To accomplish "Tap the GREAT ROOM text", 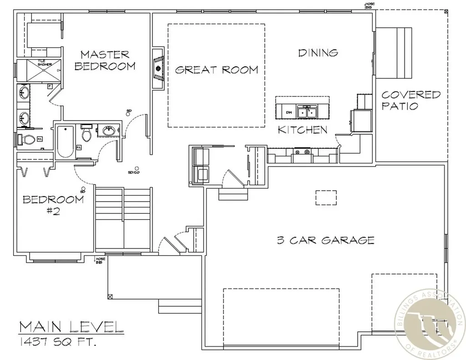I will [217, 70].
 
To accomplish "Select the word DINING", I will [318, 53].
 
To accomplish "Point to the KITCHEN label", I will [303, 130].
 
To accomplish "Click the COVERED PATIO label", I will [410, 101].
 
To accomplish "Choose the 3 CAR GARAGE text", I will [325, 240].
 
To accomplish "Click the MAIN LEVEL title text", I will [71, 326].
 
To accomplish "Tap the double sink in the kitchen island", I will [307, 111].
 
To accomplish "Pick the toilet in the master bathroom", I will [28, 139].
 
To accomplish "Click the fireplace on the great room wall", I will [158, 69].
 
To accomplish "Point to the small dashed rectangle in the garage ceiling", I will [326, 198].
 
